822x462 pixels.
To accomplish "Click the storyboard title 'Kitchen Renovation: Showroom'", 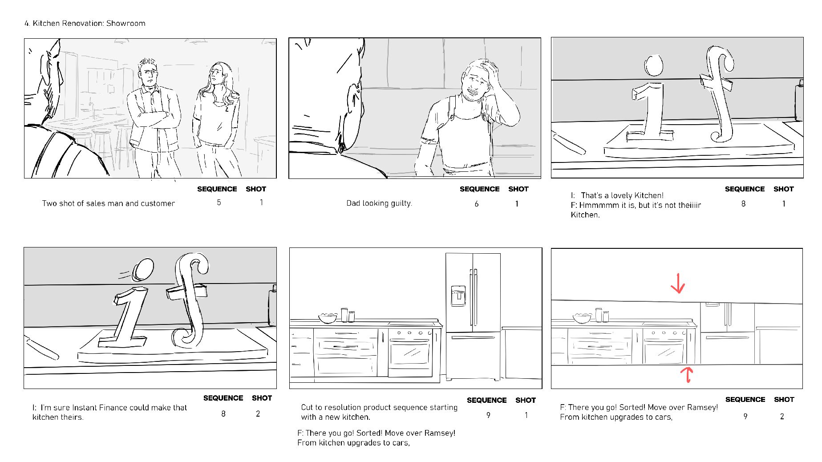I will coord(89,23).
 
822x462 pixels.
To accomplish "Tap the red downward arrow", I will coord(678,283).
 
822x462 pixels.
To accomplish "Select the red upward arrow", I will coord(688,374).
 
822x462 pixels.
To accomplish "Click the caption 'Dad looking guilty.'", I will coord(379,203).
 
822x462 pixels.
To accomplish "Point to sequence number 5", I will coord(219,203).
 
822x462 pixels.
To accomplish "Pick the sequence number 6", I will coord(477,204).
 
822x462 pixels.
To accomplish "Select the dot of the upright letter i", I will coord(654,65).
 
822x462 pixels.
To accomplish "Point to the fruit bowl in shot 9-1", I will coord(328,318).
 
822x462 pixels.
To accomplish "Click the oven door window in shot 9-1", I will coord(410,354).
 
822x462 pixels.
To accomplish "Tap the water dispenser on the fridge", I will coord(458,296).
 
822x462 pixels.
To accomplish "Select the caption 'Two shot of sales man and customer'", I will coord(108,203).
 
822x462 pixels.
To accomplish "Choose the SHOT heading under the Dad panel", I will coord(518,189).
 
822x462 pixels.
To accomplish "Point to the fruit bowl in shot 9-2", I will coord(581,319).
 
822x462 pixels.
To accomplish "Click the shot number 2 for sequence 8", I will coord(258,413).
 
